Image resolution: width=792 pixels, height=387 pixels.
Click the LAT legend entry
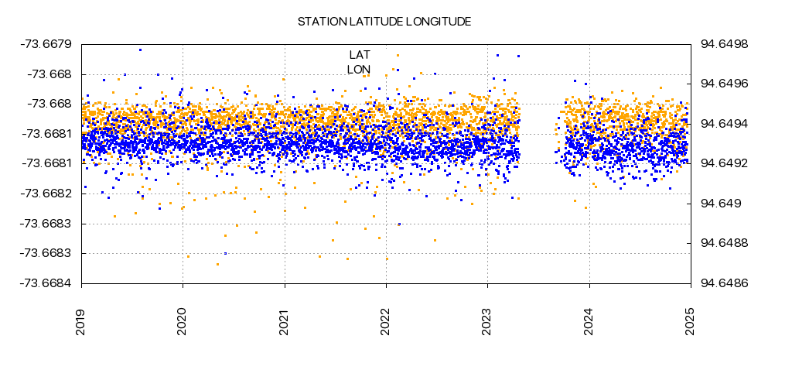point(360,54)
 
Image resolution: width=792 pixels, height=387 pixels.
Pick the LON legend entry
point(359,69)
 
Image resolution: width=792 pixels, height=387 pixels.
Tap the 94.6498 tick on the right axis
point(724,44)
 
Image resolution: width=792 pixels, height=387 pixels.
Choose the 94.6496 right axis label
point(724,84)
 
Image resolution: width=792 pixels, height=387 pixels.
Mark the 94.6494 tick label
point(724,124)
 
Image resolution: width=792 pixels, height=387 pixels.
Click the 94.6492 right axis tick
point(724,163)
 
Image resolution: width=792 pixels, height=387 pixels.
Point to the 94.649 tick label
point(721,204)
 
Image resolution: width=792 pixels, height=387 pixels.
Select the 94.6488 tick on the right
point(724,243)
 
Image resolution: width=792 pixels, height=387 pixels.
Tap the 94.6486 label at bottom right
point(724,283)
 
